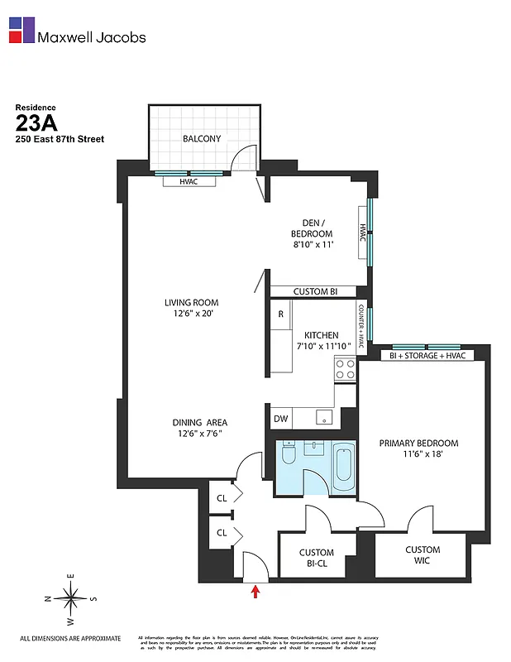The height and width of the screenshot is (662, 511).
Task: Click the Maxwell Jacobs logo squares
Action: [21, 30]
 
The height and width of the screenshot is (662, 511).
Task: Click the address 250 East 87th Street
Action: [60, 139]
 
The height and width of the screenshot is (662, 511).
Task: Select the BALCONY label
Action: [202, 138]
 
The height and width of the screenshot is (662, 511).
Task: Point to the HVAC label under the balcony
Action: [189, 181]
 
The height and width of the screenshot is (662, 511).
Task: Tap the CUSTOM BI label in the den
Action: [313, 291]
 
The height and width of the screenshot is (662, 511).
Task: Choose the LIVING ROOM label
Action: [191, 308]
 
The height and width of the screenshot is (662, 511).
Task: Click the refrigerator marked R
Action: [281, 314]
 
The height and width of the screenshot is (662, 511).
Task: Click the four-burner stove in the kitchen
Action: [345, 368]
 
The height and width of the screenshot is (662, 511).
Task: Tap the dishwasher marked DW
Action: [281, 419]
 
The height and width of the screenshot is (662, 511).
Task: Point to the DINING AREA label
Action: [199, 427]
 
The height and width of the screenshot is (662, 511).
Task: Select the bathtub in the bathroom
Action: [343, 464]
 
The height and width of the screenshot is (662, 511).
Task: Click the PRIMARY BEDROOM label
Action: [418, 449]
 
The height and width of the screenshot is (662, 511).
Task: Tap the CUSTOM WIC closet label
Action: [422, 555]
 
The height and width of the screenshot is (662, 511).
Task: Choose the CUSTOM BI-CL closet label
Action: [316, 559]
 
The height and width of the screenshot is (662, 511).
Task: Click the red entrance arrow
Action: [255, 591]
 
